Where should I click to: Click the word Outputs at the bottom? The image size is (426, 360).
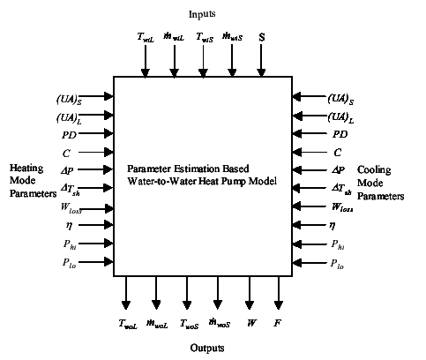(209, 348)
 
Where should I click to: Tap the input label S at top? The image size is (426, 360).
(262, 39)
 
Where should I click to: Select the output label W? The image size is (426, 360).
(251, 323)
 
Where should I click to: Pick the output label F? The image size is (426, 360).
(278, 323)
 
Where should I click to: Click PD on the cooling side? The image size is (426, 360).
(340, 134)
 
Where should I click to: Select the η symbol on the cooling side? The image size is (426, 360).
(336, 225)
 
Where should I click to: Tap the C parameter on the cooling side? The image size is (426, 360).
(337, 152)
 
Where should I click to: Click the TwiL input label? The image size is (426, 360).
(146, 40)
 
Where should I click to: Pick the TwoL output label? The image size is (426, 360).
(128, 324)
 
